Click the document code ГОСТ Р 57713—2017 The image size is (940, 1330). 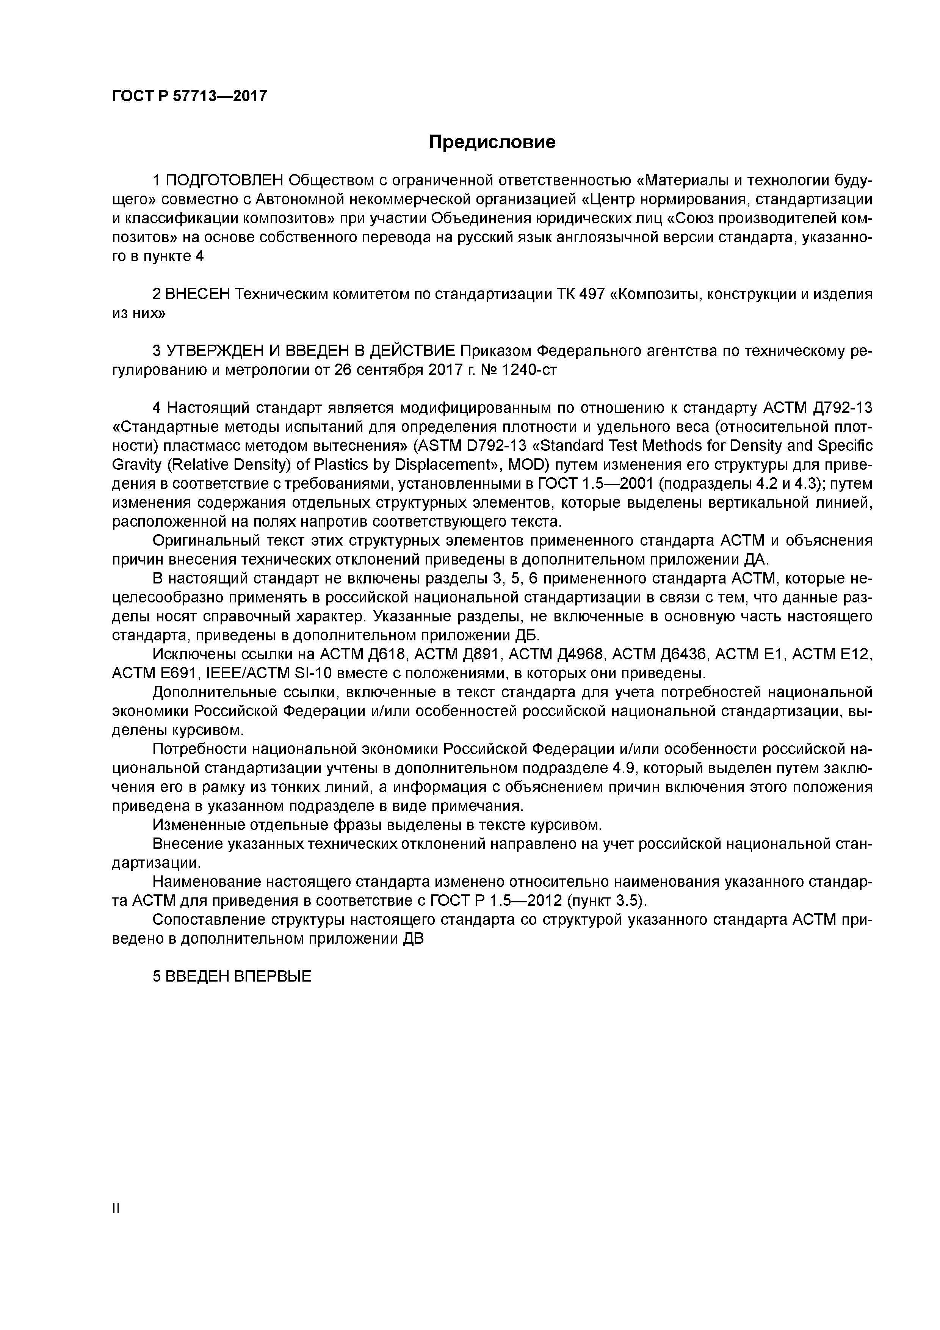pyautogui.click(x=190, y=96)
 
